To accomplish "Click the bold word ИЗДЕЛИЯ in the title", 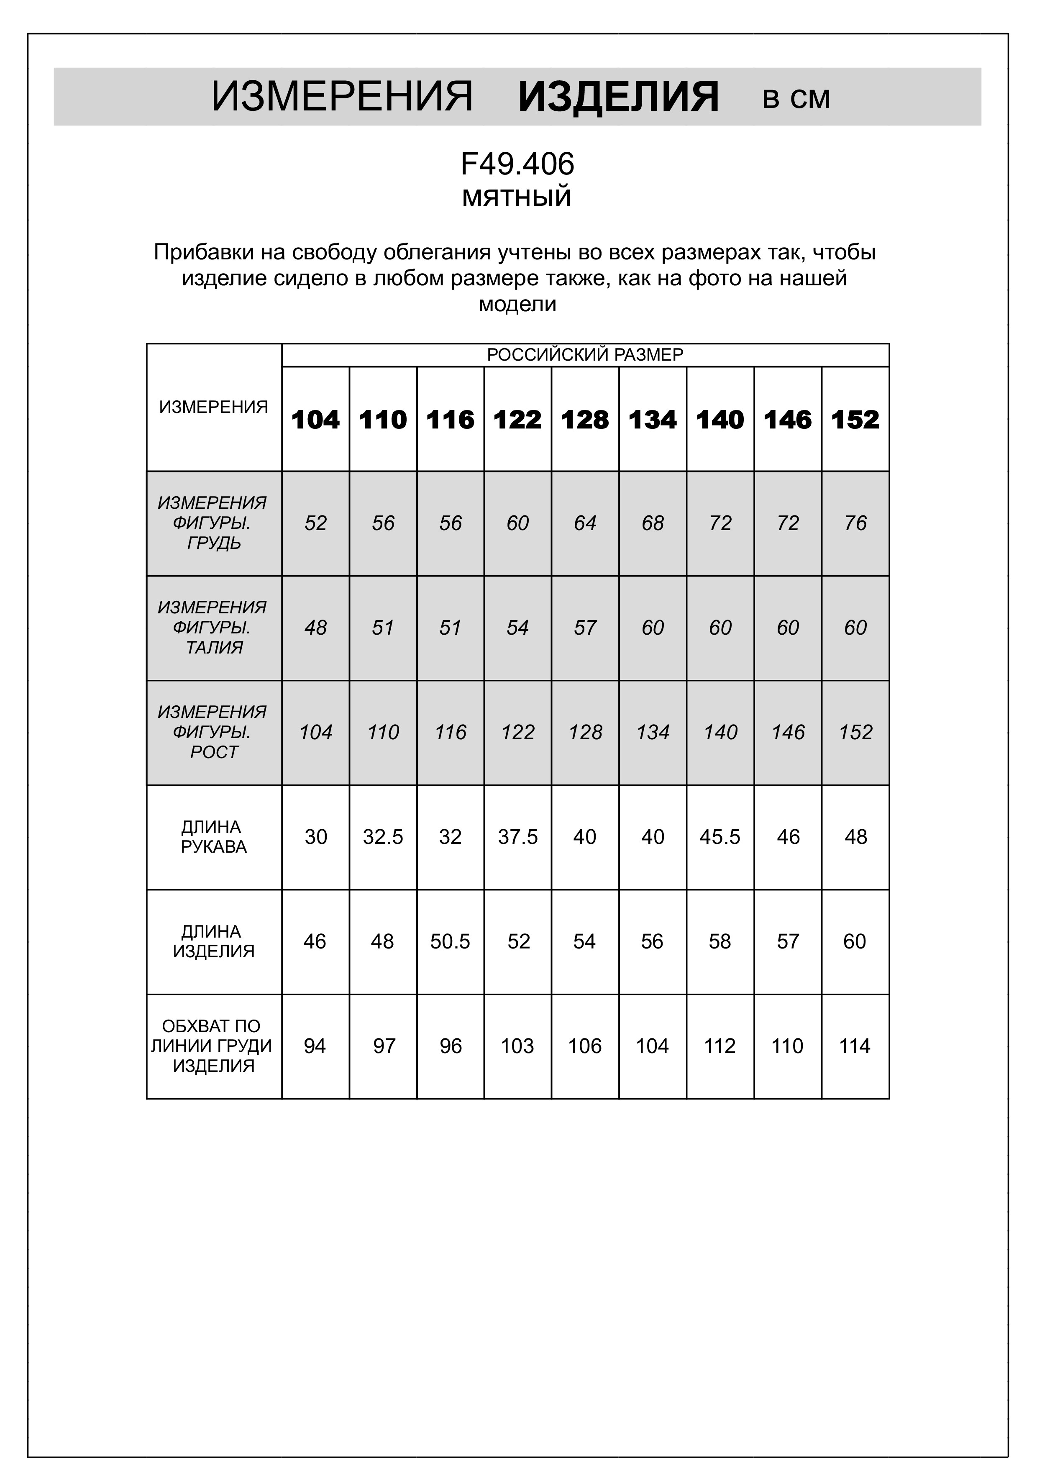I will click(x=618, y=97).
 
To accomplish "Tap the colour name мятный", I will click(x=517, y=197).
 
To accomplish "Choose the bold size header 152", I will click(x=855, y=420).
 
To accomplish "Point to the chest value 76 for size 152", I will click(x=855, y=523).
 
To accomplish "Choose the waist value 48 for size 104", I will click(x=315, y=628).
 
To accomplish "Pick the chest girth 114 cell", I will click(x=855, y=1046).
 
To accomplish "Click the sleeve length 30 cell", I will click(x=315, y=837).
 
